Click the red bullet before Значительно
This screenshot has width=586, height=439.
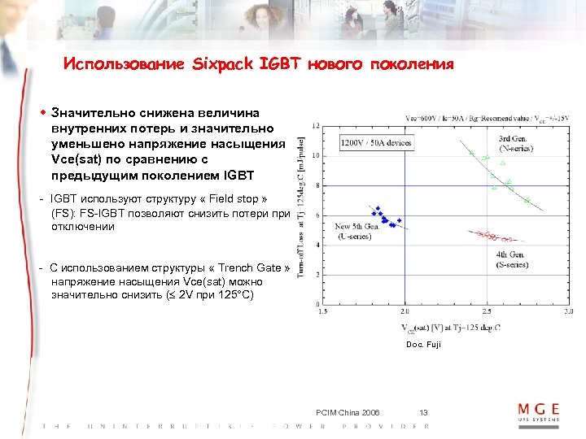(x=43, y=113)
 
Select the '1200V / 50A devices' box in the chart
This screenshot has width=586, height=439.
(x=376, y=143)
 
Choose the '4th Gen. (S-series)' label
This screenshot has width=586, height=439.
(x=512, y=260)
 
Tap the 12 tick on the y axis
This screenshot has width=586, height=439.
(x=314, y=124)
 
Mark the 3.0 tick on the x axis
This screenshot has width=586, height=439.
(x=567, y=311)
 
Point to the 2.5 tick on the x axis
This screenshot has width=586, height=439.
(x=486, y=311)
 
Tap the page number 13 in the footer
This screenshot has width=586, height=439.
(x=423, y=412)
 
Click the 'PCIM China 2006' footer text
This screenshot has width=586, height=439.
(x=346, y=412)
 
